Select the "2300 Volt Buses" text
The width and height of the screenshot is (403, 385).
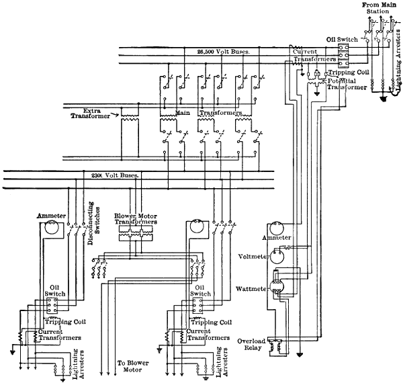coord(114,175)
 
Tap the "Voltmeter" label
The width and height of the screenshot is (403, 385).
coord(253,255)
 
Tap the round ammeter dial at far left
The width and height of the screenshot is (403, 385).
coord(49,228)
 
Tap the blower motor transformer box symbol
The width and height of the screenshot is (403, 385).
coord(136,233)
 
